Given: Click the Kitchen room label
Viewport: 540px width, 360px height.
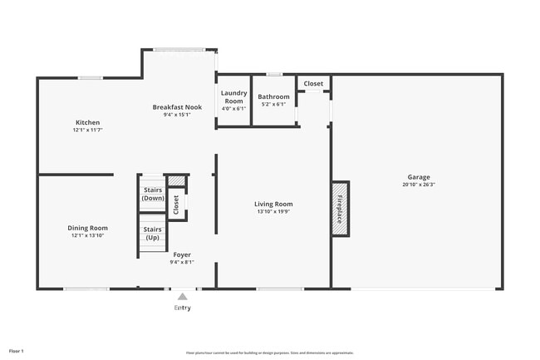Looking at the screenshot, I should coord(88,122).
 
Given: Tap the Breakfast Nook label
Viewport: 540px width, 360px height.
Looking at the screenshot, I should coord(177,106).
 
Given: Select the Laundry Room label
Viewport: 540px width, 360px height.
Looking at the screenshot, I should coord(233,98).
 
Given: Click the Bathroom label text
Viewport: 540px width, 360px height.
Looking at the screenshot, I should coord(273,97).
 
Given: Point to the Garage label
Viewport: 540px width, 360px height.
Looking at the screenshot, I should coord(419,177).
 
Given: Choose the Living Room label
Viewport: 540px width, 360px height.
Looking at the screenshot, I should coord(273,204).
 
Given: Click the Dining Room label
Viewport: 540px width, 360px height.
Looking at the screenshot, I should coord(87,228).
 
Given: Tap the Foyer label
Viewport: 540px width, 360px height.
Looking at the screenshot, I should coord(182,254).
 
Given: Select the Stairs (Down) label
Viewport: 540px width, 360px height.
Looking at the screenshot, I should coord(153,194).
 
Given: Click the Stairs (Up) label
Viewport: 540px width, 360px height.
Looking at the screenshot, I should coord(153,234).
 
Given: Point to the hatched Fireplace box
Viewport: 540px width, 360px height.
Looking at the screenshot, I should coord(341,208).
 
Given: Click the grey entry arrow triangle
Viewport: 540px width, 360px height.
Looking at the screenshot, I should coord(182,296).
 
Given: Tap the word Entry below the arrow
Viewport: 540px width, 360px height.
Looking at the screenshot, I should coord(182,308).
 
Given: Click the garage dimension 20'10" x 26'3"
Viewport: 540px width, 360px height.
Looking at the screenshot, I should coord(419,185).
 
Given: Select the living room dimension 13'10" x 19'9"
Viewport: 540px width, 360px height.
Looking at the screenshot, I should coord(273,211).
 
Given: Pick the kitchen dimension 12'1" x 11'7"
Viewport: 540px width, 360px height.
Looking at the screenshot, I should coord(88,130).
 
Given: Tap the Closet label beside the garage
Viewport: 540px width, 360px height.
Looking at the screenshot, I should coord(313,84).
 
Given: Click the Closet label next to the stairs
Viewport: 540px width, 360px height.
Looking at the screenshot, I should coord(175,204).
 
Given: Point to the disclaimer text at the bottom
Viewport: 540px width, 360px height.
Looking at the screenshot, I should coord(270,353).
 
